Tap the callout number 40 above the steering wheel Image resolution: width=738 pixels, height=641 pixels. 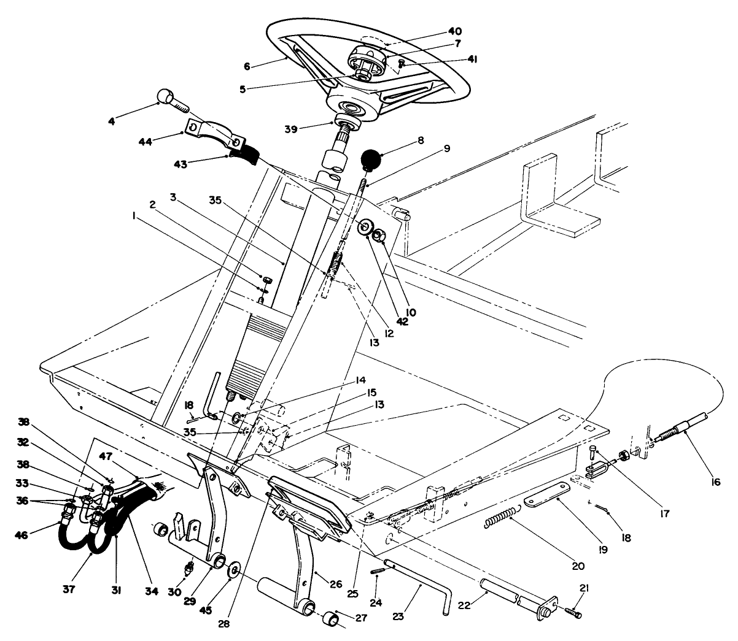click(455, 31)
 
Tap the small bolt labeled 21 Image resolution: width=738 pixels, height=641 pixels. click(573, 612)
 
